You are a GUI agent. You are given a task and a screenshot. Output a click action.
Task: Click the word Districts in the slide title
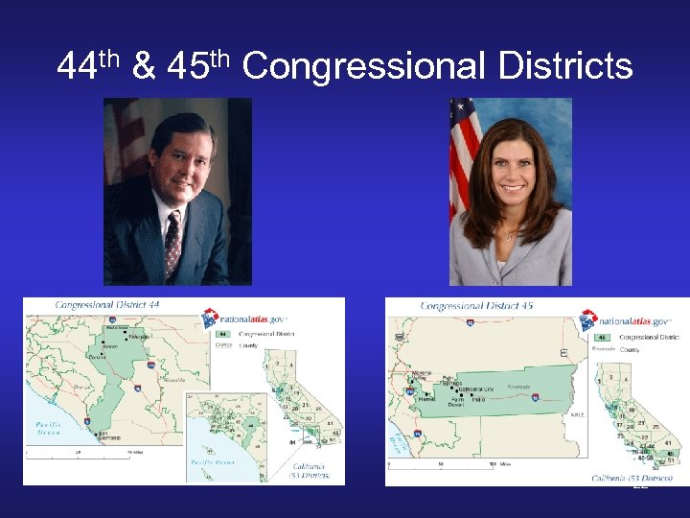[x=565, y=66]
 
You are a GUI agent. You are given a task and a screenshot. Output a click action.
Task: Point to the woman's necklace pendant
[x=510, y=235]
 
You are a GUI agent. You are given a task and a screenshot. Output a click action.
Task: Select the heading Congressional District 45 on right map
[x=475, y=306]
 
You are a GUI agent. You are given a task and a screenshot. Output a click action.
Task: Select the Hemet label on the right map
[x=427, y=399]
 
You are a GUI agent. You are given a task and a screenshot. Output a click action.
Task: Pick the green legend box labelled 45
[x=604, y=338]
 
